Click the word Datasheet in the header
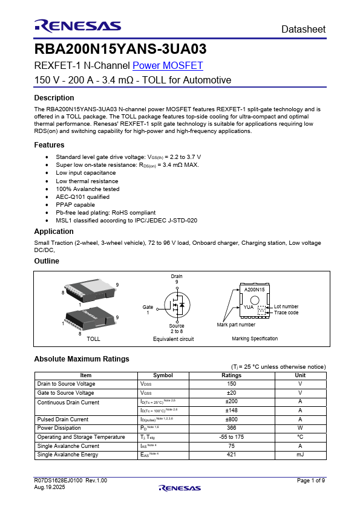tap(303, 30)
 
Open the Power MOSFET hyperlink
tap(168, 66)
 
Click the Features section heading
tap(49, 145)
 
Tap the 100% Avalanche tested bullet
tap(88, 189)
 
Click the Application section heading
tap(54, 232)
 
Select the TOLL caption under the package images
tap(93, 339)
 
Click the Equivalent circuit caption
tap(174, 339)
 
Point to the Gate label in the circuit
tap(148, 307)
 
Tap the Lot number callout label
tap(286, 306)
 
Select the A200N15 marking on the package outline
tap(254, 290)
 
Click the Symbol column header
tap(163, 375)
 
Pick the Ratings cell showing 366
tap(232, 427)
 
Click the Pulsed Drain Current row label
tap(63, 419)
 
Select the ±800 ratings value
tap(232, 419)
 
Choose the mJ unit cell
tap(300, 454)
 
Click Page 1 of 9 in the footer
tap(311, 480)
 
